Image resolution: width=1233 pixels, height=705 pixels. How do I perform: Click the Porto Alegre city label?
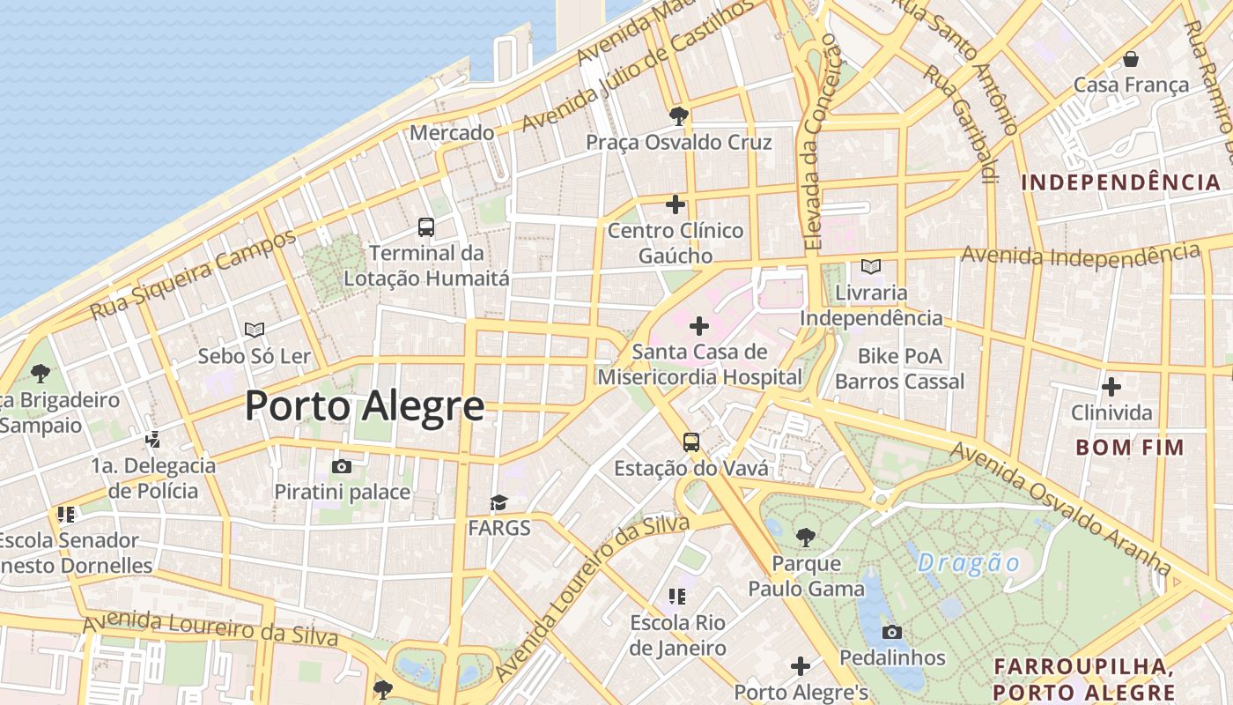[364, 406]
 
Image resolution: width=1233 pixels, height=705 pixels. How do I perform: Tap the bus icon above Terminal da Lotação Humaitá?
[426, 227]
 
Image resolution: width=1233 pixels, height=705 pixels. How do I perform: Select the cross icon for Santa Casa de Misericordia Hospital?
[699, 326]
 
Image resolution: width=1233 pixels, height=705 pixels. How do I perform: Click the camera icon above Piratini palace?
[342, 466]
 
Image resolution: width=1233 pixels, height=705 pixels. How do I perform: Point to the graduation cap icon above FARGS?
[499, 503]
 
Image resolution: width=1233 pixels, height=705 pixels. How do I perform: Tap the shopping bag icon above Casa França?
[1131, 59]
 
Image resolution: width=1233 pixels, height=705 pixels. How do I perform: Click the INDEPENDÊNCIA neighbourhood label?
[1120, 182]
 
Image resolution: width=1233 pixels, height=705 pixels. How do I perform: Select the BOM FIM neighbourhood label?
[1129, 447]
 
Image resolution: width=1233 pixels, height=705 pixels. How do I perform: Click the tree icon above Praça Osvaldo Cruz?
[678, 115]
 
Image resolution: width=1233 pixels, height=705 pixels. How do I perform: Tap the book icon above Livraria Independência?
[871, 266]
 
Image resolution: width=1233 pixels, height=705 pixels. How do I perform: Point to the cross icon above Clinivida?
[1111, 386]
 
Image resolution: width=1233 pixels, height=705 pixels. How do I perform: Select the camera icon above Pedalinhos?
[892, 632]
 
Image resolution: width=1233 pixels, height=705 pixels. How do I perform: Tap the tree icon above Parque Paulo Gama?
[805, 536]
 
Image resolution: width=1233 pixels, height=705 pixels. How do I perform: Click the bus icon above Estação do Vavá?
[691, 442]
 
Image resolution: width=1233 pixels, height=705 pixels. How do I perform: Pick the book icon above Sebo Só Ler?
[255, 330]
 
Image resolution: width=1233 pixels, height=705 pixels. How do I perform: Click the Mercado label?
[452, 133]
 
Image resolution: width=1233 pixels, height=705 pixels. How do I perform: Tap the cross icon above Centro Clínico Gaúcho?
[676, 204]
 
